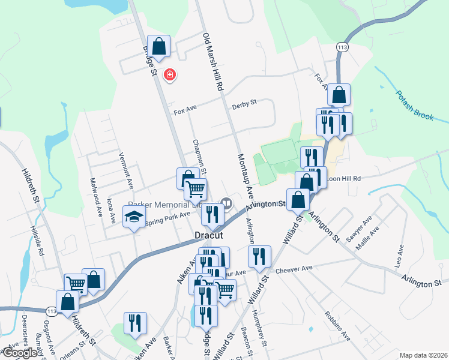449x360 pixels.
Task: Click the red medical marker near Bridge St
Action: (170, 74)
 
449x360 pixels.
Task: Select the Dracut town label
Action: (208, 236)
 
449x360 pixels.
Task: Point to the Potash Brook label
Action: (415, 106)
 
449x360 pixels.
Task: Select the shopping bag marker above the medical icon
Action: (159, 46)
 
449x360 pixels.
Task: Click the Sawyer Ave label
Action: (363, 225)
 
